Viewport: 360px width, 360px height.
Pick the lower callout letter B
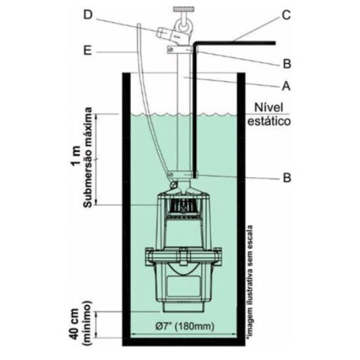(x=285, y=178)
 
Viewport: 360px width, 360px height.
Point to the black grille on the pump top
(x=183, y=206)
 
